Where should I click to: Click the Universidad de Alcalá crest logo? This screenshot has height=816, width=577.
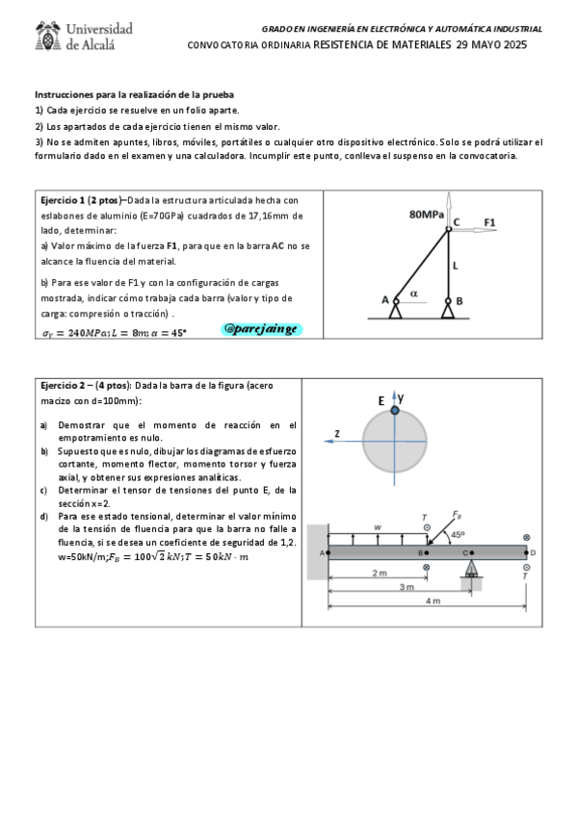point(45,37)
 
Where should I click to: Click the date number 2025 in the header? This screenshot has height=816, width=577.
point(511,45)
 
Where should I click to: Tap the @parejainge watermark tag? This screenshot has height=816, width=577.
point(261,329)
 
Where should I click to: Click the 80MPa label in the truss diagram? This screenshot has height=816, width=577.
point(426,215)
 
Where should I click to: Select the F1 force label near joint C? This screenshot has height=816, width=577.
point(489,222)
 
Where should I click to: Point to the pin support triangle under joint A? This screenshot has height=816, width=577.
point(396,311)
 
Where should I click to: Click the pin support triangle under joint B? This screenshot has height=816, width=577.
point(448,311)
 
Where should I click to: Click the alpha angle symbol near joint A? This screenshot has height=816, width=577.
point(414,292)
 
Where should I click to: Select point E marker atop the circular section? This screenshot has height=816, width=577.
point(393,410)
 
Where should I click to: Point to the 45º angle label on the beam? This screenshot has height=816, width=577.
point(458,534)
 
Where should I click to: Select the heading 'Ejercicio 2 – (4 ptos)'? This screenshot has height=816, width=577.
point(91,385)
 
